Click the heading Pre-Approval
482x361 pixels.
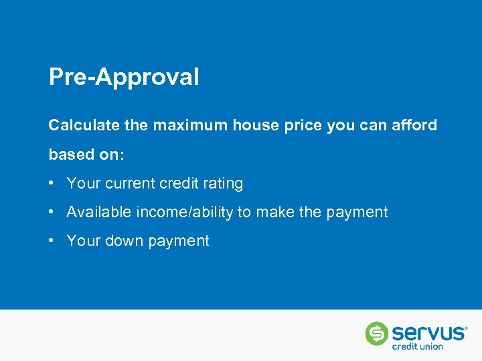[124, 78]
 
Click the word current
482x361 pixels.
[129, 183]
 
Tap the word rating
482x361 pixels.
[222, 183]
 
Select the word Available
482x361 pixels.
[99, 213]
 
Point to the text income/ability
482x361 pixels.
[185, 213]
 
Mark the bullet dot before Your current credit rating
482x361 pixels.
[52, 183]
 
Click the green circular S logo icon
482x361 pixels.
[377, 334]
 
